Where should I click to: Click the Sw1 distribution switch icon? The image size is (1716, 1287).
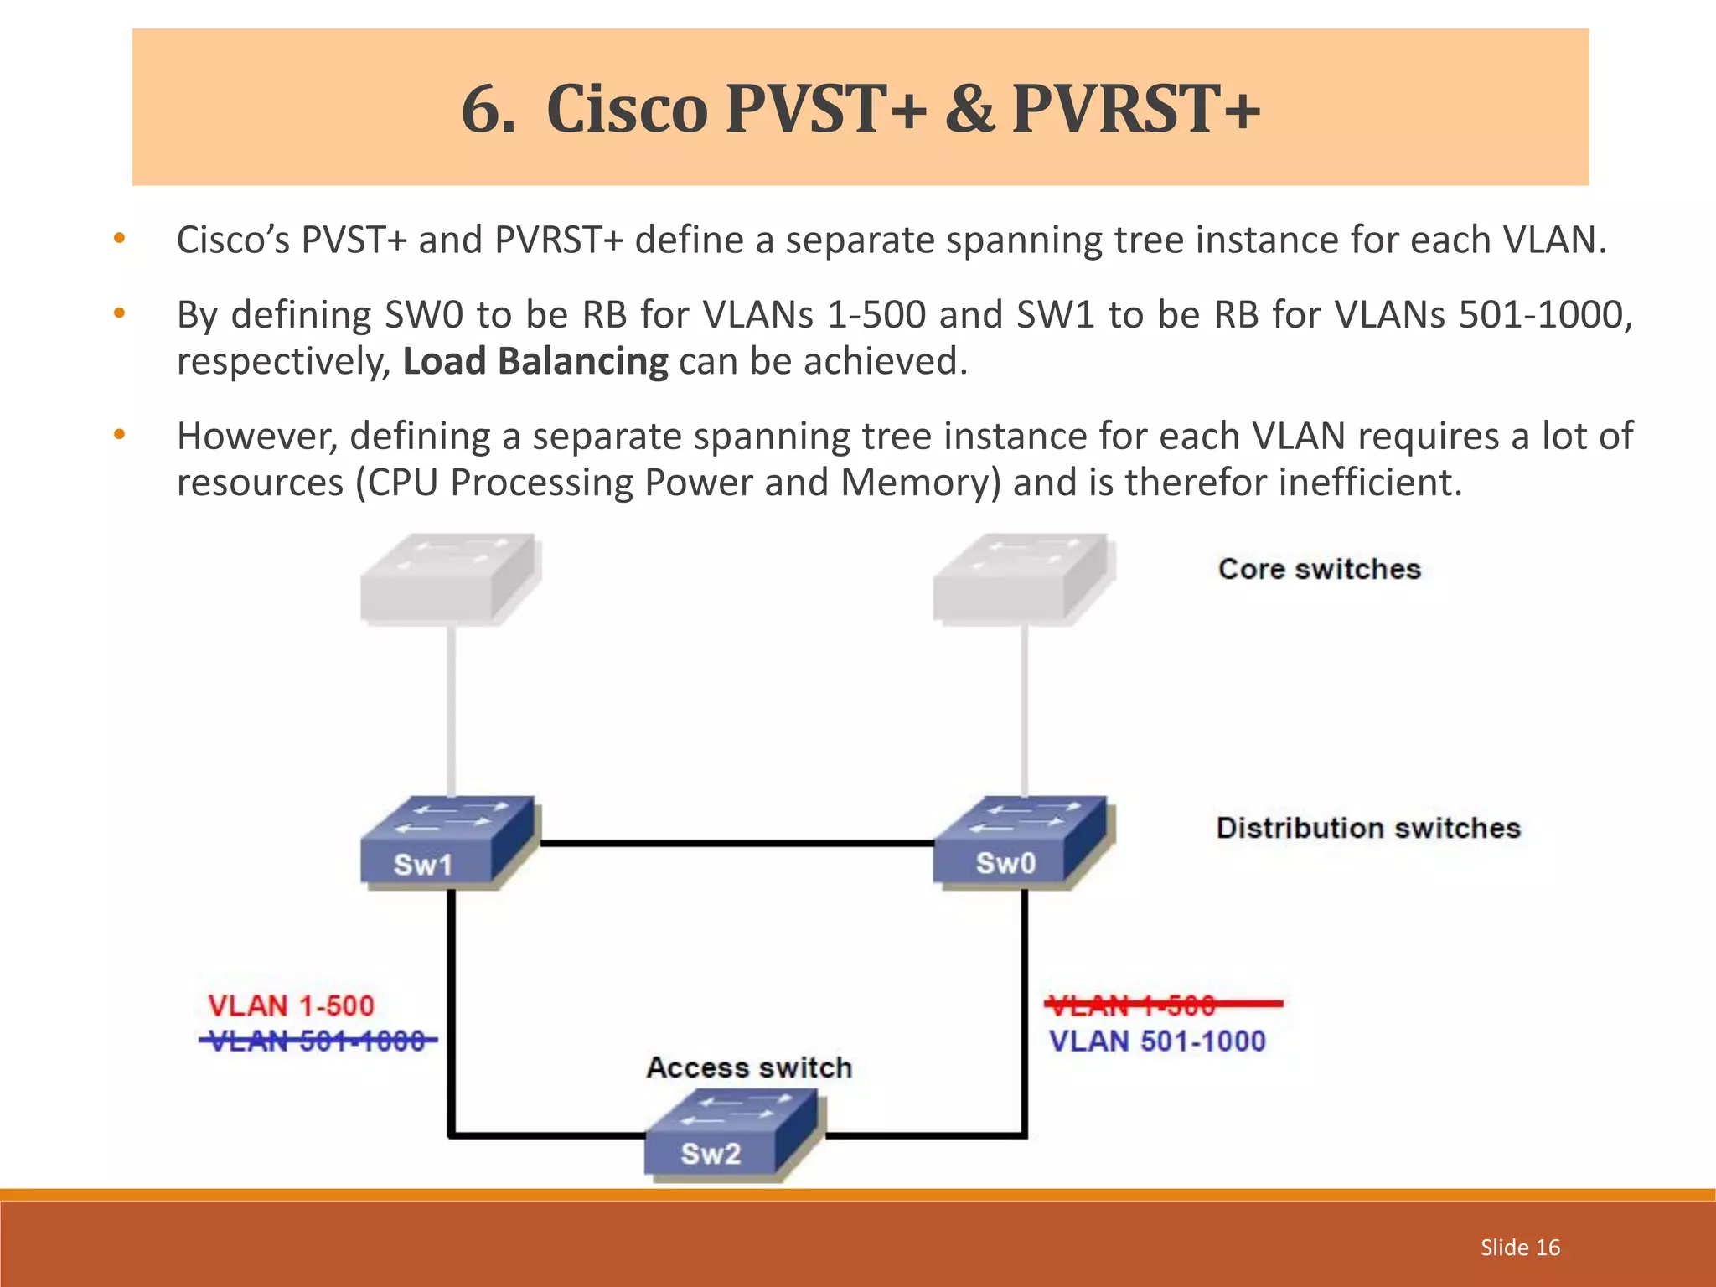[x=448, y=842]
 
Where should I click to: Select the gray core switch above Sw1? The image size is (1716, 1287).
[x=449, y=580]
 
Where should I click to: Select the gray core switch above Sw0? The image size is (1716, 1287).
[x=1022, y=580]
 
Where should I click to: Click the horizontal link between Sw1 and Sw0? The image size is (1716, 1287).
[x=736, y=844]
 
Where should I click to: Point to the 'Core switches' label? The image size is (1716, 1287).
[x=1320, y=569]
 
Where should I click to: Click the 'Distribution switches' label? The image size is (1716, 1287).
[x=1368, y=828]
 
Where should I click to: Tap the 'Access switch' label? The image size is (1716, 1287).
[x=749, y=1067]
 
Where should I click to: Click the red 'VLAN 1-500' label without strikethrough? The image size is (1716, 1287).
[x=291, y=1005]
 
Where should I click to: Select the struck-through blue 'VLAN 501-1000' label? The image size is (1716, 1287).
[x=318, y=1041]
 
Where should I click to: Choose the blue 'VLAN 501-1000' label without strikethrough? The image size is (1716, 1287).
[x=1157, y=1041]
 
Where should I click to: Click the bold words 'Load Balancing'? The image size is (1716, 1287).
[x=535, y=361]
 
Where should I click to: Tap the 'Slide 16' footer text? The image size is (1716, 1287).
[x=1520, y=1248]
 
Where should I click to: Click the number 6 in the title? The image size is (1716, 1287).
[x=485, y=109]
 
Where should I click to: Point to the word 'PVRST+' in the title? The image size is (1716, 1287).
[x=1136, y=109]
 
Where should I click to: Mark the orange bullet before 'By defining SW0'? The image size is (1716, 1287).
[x=120, y=313]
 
